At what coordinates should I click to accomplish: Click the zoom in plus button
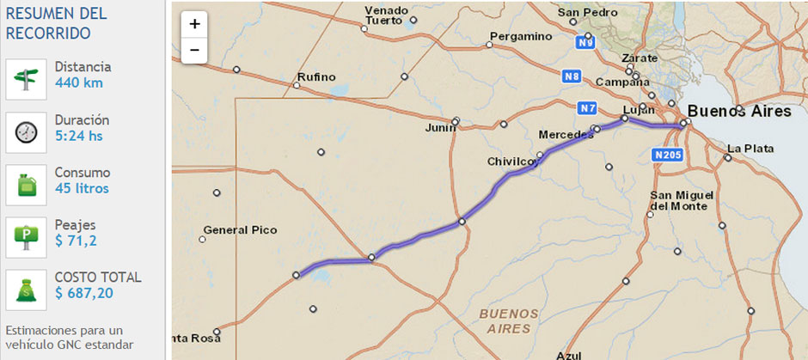[x=194, y=25]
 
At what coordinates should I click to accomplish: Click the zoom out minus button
[x=194, y=51]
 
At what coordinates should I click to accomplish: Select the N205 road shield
[x=667, y=155]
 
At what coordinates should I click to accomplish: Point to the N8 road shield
[x=572, y=76]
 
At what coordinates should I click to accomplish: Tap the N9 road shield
[x=585, y=42]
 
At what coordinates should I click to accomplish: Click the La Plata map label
[x=750, y=147]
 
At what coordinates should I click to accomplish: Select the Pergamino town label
[x=520, y=36]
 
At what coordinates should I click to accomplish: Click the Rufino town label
[x=315, y=77]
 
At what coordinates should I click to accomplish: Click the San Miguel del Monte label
[x=679, y=200]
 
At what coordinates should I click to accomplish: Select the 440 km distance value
[x=78, y=83]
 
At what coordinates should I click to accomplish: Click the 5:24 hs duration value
[x=79, y=136]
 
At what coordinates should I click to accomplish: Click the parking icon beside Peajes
[x=26, y=236]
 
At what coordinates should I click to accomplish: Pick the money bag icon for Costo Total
[x=26, y=290]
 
